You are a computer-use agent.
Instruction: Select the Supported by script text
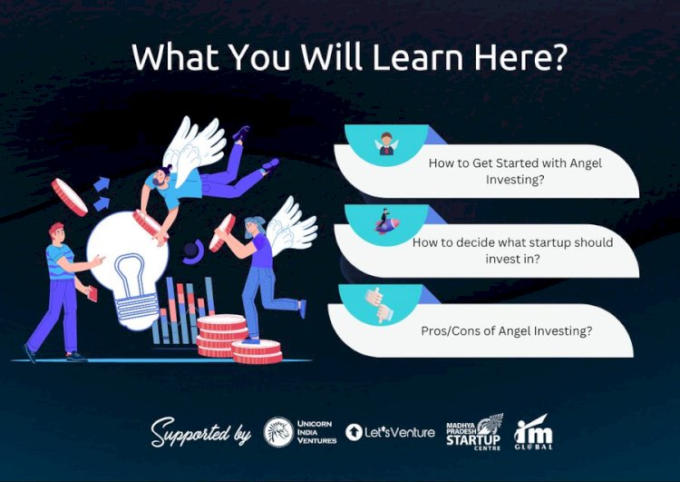[200, 431]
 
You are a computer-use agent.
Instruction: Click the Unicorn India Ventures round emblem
[278, 432]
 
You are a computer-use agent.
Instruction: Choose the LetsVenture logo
[391, 432]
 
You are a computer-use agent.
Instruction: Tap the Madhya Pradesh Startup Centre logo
[474, 431]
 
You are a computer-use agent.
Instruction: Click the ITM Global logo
[532, 433]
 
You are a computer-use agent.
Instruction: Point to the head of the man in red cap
[57, 234]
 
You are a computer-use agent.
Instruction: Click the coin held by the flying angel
[146, 221]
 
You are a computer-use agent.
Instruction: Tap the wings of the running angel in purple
[291, 223]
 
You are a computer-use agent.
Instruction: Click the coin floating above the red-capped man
[69, 195]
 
